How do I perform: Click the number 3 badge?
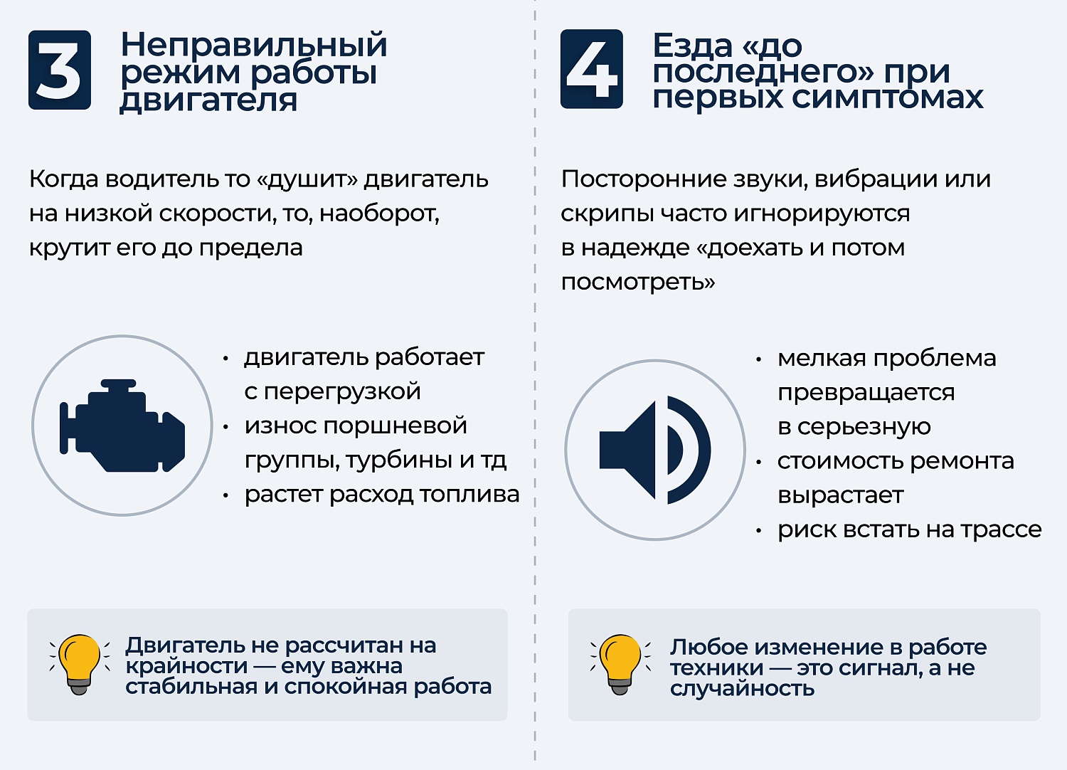click(60, 70)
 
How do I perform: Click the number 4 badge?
click(591, 69)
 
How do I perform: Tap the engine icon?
click(122, 426)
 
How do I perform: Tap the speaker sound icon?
click(654, 450)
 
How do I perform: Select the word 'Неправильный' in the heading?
click(254, 45)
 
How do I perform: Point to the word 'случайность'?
click(742, 688)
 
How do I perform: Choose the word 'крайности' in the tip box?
click(186, 666)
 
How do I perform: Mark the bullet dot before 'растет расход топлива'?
click(225, 495)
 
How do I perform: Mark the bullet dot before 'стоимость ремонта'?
click(759, 463)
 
